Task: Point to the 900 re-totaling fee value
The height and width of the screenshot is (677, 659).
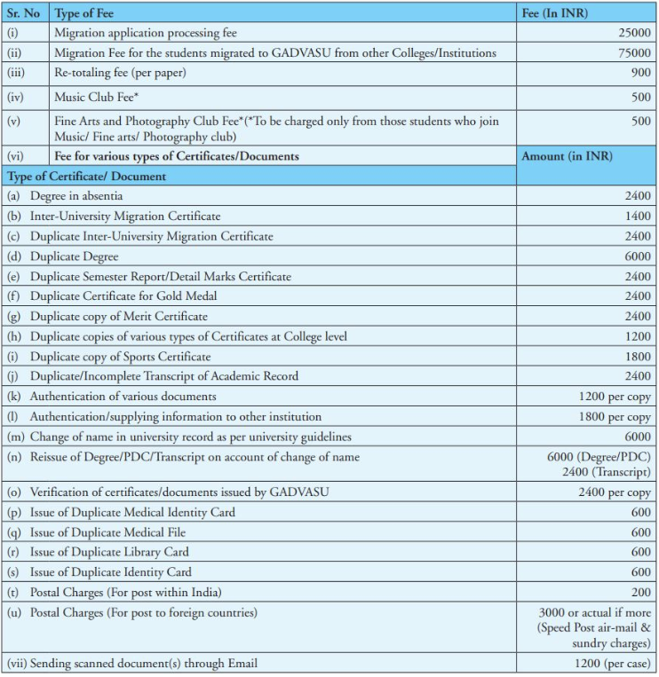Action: pyautogui.click(x=640, y=73)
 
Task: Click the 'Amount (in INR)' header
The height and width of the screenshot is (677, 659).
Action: pyautogui.click(x=567, y=156)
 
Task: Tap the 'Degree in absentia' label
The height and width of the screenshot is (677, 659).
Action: pyautogui.click(x=76, y=196)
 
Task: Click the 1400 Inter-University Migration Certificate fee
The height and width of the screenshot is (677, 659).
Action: pyautogui.click(x=637, y=216)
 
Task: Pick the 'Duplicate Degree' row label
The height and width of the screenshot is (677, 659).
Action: pyautogui.click(x=74, y=256)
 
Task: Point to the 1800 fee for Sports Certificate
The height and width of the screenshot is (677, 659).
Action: pyautogui.click(x=637, y=357)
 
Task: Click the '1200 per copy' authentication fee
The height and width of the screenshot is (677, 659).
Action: pyautogui.click(x=615, y=397)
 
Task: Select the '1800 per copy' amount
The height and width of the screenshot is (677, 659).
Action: pyautogui.click(x=615, y=417)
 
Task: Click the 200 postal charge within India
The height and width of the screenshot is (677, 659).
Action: pyautogui.click(x=640, y=593)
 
